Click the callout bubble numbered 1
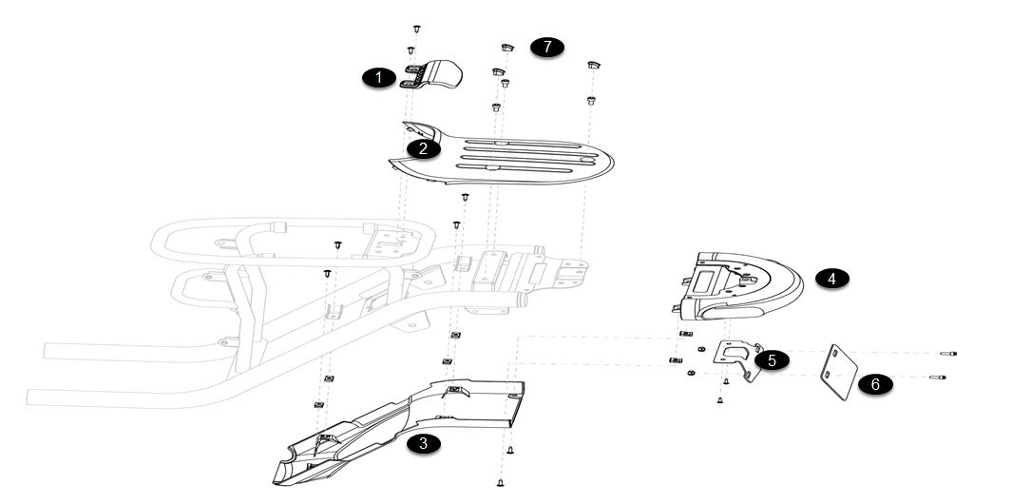[x=379, y=78]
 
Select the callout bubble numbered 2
[x=424, y=148]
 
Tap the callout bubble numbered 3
[x=423, y=442]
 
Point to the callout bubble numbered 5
[x=772, y=360]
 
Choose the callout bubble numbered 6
[x=875, y=384]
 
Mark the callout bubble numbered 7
[x=547, y=47]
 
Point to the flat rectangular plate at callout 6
[x=838, y=369]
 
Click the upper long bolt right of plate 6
[x=947, y=354]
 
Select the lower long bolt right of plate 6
[x=940, y=378]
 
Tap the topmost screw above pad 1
[x=418, y=29]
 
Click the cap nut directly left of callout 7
[x=507, y=46]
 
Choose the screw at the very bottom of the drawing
[x=501, y=482]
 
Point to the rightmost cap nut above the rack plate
[x=592, y=65]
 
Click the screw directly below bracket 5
[x=726, y=381]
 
